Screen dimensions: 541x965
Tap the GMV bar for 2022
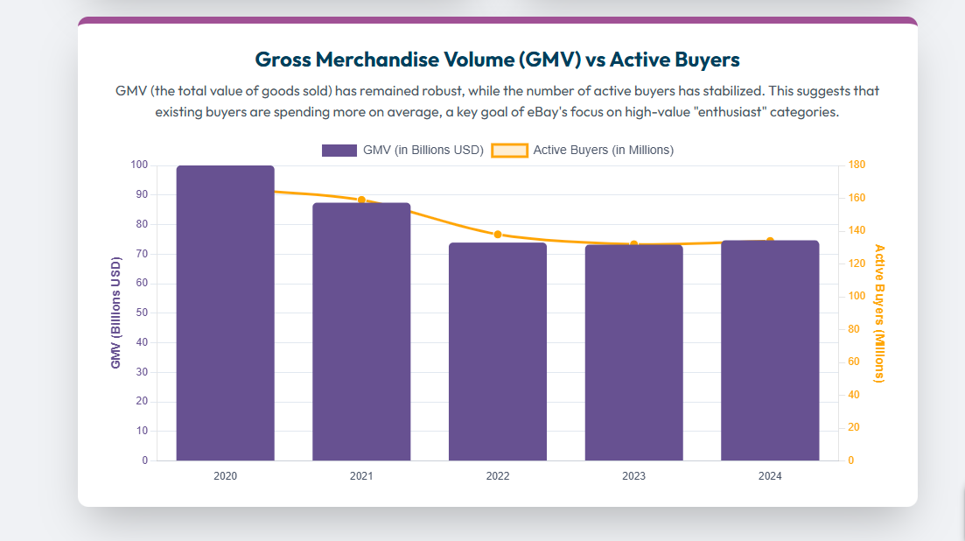pos(498,351)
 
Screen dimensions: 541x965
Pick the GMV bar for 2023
pos(633,352)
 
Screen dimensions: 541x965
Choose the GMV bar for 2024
pos(770,350)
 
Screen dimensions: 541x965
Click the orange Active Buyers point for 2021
pos(361,200)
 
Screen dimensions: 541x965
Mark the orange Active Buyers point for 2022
pos(498,235)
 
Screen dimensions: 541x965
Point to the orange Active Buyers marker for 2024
pos(770,241)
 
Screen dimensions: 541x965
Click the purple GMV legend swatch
pos(339,151)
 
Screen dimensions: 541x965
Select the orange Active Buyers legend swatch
pos(509,151)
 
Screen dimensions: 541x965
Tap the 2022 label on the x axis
pos(498,476)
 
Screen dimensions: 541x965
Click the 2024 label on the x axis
pos(770,476)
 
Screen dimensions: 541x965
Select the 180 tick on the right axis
pos(857,165)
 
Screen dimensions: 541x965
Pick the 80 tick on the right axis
pos(854,329)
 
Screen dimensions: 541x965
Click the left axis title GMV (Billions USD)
pos(115,313)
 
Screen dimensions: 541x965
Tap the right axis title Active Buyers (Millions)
pos(880,313)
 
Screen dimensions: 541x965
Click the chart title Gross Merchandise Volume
pos(497,60)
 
